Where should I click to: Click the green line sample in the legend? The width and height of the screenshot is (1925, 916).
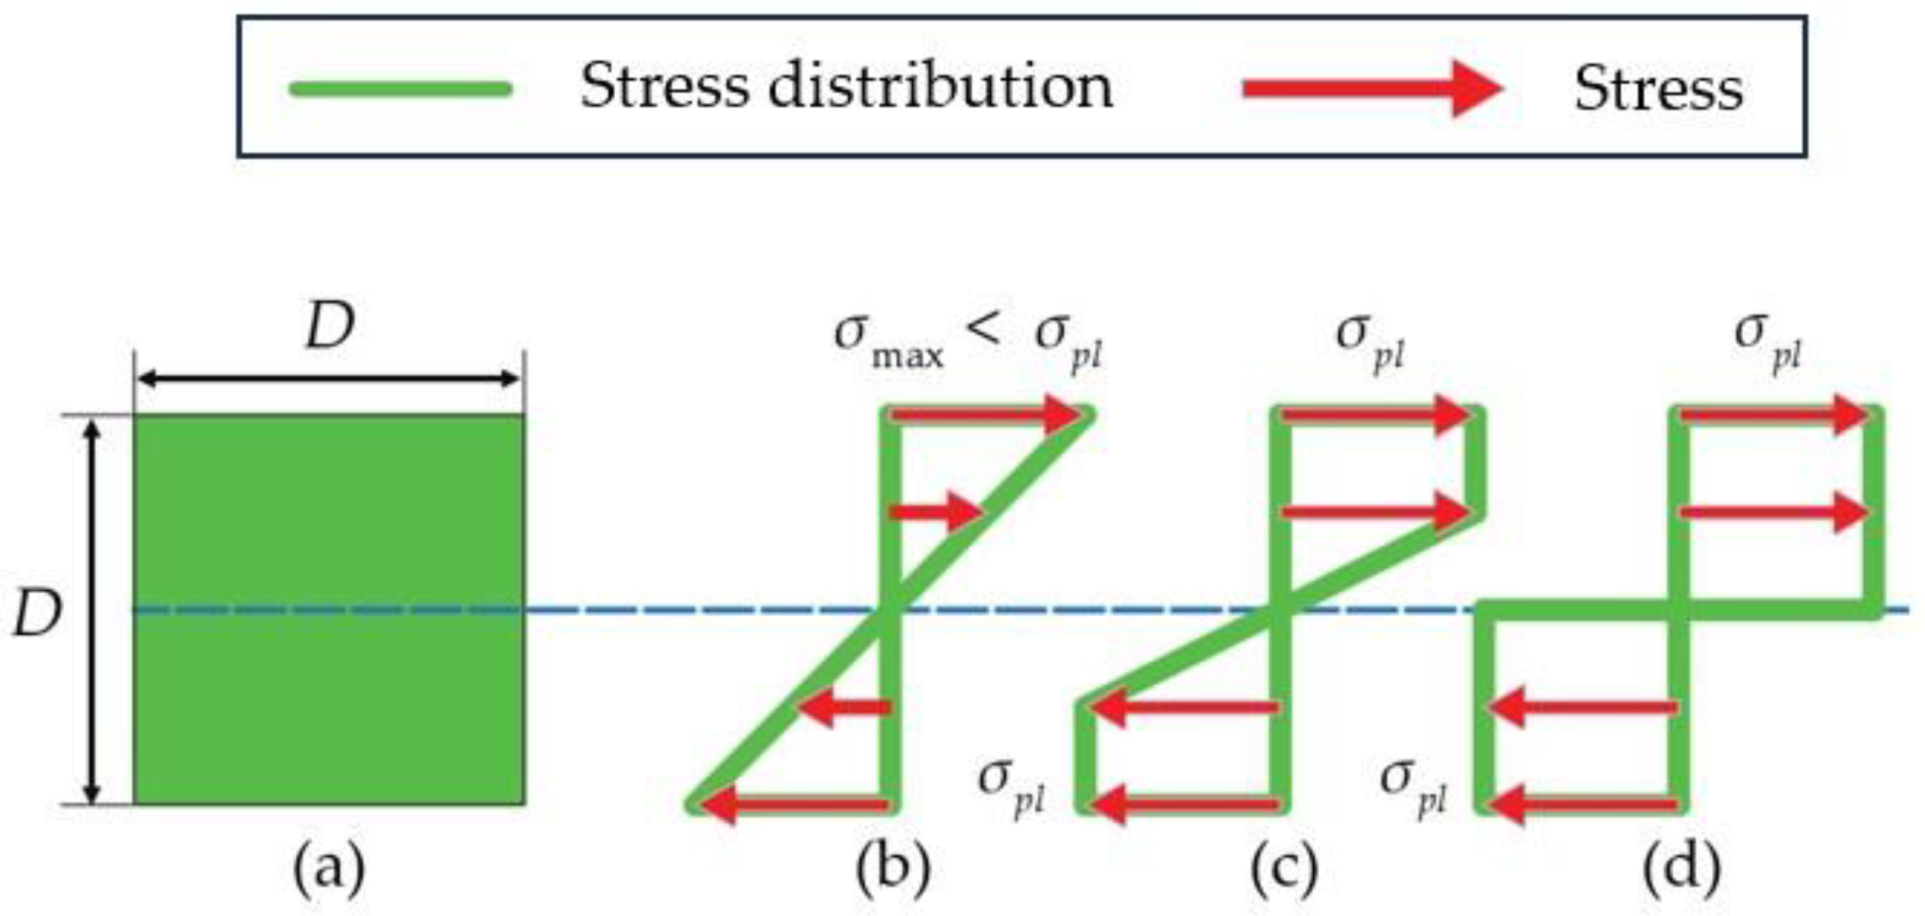(x=400, y=90)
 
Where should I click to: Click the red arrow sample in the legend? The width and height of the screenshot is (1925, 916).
(x=1372, y=90)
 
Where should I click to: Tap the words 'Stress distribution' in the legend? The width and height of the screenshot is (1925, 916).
(x=846, y=87)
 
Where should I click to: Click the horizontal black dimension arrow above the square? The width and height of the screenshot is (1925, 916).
(x=329, y=379)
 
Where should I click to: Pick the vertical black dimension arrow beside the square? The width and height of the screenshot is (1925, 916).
(x=91, y=609)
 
